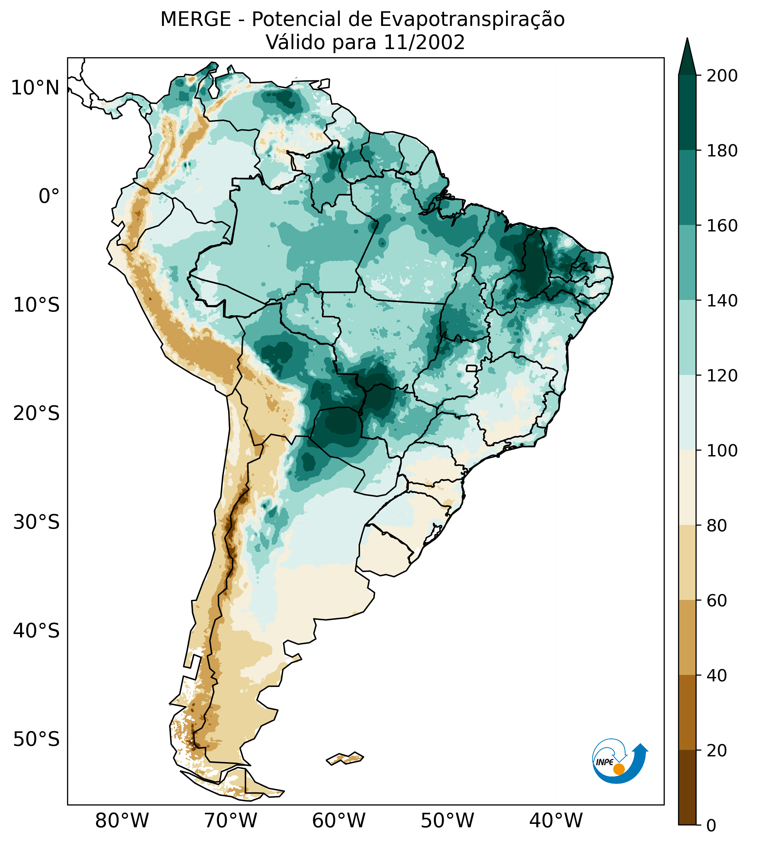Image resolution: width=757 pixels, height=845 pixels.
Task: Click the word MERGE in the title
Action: point(195,19)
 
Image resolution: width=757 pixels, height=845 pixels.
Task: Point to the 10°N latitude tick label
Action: point(35,88)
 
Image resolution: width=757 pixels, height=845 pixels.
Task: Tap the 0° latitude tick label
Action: point(49,196)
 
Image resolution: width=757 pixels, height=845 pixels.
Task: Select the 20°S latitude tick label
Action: point(36,414)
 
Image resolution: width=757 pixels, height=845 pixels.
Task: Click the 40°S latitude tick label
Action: point(36,631)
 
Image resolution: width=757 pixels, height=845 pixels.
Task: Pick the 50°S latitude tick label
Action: point(36,740)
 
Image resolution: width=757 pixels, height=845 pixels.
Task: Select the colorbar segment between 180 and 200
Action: point(687,112)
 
